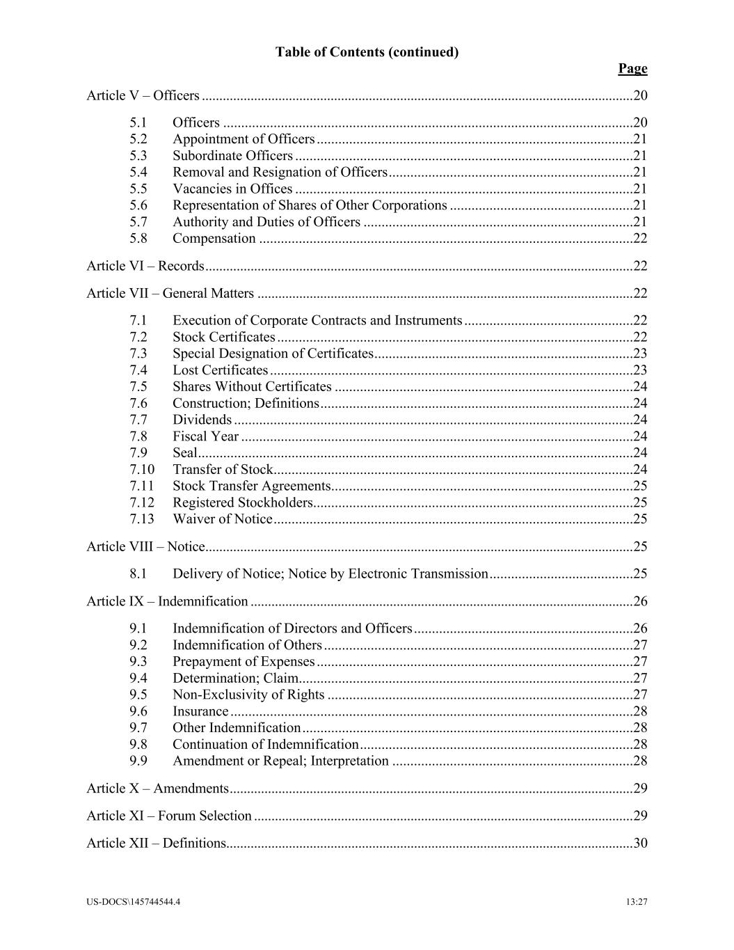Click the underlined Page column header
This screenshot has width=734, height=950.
[632, 68]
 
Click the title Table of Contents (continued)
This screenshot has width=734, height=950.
[367, 52]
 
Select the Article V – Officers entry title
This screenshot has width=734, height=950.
[143, 95]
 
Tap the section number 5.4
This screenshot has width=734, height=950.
[138, 172]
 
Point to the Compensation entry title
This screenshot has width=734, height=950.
[214, 238]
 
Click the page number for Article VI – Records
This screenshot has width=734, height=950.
[640, 265]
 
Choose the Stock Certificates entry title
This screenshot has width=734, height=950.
[224, 337]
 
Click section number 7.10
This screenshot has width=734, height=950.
[142, 469]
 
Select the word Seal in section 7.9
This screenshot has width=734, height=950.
[185, 452]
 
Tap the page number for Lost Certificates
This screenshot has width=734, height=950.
[640, 370]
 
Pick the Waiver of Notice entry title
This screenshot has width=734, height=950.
[223, 518]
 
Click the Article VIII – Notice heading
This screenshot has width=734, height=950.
[145, 546]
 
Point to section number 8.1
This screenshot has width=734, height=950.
[138, 573]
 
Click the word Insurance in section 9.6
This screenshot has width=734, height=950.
[200, 711]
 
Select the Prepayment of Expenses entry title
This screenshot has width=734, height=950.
[244, 661]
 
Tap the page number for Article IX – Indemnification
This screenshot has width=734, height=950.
[640, 601]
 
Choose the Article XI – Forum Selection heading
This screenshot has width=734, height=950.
[169, 815]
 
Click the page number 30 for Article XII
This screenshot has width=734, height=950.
[640, 843]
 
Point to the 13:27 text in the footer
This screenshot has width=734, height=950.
[637, 902]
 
